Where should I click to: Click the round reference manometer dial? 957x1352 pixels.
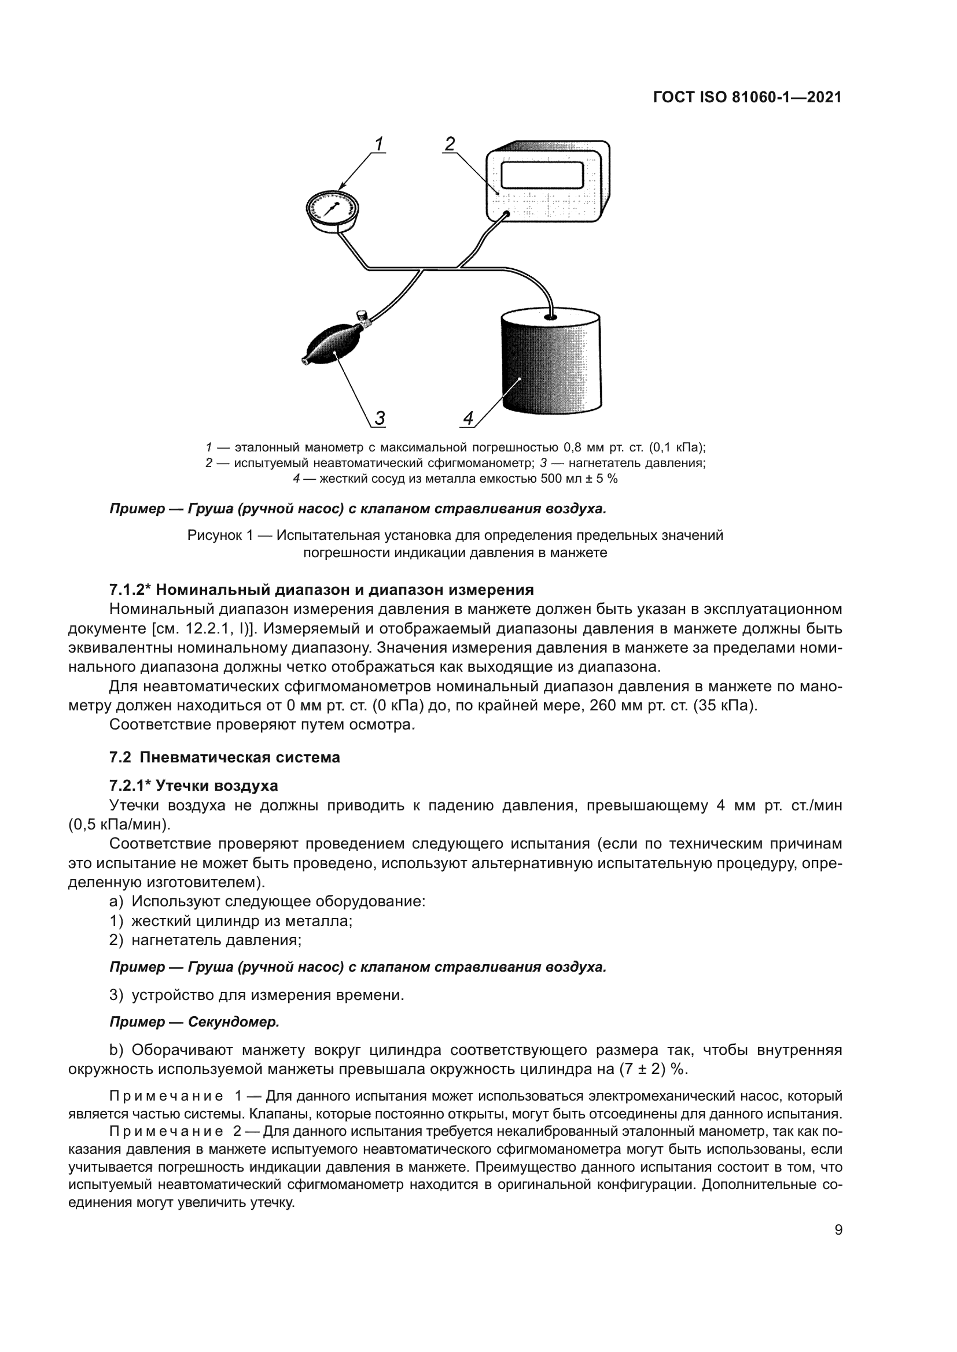(x=332, y=209)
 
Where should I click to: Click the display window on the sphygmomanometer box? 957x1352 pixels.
(x=542, y=175)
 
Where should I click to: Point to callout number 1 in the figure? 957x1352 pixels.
(x=379, y=144)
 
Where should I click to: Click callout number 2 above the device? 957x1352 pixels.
(x=450, y=144)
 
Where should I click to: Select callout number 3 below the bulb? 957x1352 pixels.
(x=380, y=418)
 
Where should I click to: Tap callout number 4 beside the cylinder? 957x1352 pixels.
(x=468, y=418)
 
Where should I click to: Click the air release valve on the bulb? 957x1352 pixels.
(x=362, y=318)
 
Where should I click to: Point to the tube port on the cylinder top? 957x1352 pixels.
(x=550, y=317)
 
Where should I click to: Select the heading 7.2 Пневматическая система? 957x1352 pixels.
(x=224, y=757)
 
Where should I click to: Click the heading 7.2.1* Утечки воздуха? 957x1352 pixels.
(x=193, y=786)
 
